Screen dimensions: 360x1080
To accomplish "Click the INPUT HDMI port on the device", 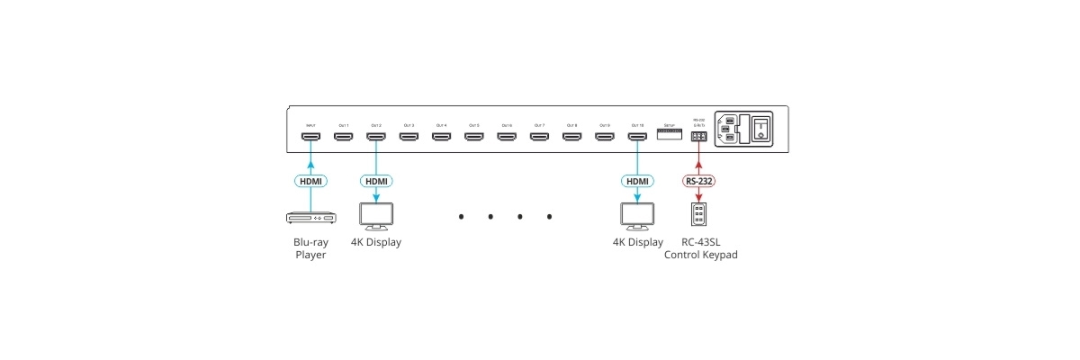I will click(310, 138).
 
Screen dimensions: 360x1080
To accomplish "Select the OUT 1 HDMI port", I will click(343, 138).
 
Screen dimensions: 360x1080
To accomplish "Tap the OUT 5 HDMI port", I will click(473, 138).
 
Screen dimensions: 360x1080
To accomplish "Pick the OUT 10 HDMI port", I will click(637, 138).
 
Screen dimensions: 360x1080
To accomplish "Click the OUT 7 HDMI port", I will click(539, 138).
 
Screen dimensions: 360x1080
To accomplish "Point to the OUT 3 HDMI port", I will click(409, 138).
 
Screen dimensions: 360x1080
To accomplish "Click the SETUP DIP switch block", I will click(669, 134).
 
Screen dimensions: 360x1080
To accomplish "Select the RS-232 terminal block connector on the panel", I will click(698, 137).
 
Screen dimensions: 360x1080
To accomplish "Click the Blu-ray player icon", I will click(310, 218).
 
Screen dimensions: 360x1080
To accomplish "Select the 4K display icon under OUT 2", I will click(375, 216).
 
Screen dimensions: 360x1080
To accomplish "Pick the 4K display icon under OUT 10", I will click(637, 216).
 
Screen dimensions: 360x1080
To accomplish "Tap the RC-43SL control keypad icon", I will click(699, 215).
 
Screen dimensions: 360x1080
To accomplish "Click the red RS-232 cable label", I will click(699, 181).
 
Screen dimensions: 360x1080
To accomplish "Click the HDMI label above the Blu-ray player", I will click(310, 181).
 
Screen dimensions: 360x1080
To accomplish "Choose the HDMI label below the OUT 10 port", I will click(637, 181).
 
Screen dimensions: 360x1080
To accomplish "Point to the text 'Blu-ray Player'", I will click(310, 248).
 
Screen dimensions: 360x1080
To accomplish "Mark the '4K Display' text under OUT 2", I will click(375, 242).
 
